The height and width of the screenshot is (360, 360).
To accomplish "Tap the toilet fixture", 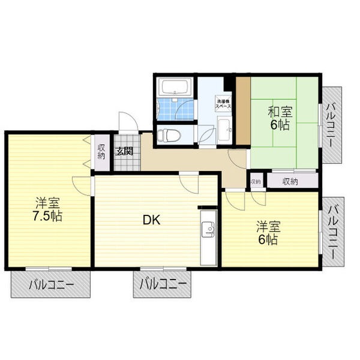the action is pos(169,135).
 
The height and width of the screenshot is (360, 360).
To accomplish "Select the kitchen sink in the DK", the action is pos(208,229).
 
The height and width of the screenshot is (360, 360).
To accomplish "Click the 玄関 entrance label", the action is pos(124,152).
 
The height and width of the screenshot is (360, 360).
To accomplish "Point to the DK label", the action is pos(152,220).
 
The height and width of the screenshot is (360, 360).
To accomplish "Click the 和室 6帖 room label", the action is pos(280,119).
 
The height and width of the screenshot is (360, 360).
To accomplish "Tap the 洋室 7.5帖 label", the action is pos(47,209).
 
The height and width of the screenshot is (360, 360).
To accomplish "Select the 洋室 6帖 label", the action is pos(268,233).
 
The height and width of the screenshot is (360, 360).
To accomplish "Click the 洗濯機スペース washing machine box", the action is pos(223,104).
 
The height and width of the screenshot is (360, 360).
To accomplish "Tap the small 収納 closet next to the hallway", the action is pos(256,182).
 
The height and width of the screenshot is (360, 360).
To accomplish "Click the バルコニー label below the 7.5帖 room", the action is pos(51,285).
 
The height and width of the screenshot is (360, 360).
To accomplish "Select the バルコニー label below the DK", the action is pos(163,285).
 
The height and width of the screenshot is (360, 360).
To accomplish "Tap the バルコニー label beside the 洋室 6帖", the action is pos(334,232).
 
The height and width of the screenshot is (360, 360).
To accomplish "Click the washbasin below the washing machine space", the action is pos(225,130).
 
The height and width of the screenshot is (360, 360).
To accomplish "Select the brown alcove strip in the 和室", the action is pos(243,111).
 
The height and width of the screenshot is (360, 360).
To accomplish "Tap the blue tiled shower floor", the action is pos(176,109).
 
